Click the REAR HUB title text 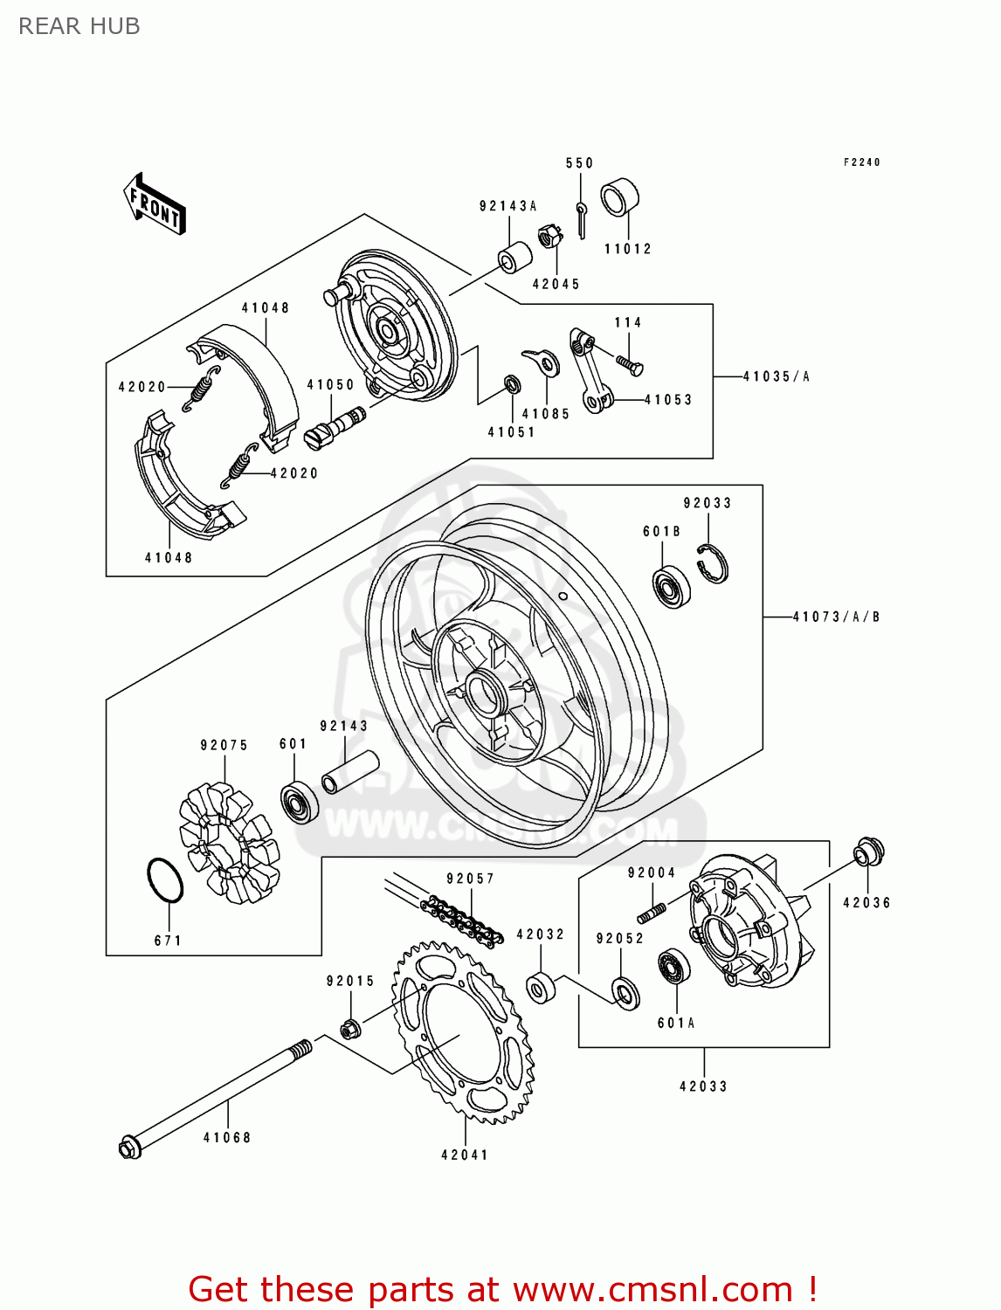click(79, 26)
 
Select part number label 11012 click(628, 249)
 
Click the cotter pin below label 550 click(581, 219)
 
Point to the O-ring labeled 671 click(164, 880)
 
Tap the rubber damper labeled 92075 click(229, 842)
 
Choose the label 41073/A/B click(836, 617)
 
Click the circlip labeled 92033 click(714, 564)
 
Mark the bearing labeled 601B click(673, 588)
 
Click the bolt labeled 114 click(630, 364)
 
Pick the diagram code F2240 click(861, 162)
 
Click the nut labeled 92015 click(349, 1029)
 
